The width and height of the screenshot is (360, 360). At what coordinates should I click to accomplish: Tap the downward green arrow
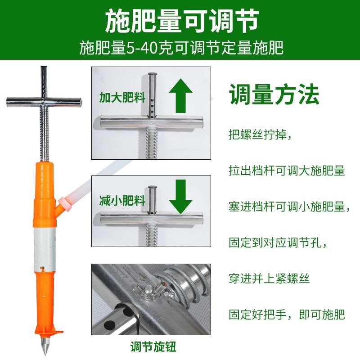[x=181, y=196]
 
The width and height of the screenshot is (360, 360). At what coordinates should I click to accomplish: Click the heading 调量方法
[x=274, y=94]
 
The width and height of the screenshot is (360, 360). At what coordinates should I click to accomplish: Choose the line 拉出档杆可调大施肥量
[x=287, y=171]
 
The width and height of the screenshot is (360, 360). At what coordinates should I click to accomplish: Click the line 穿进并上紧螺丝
[x=269, y=279]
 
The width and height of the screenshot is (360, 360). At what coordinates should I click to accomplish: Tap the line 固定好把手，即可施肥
[x=287, y=314]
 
